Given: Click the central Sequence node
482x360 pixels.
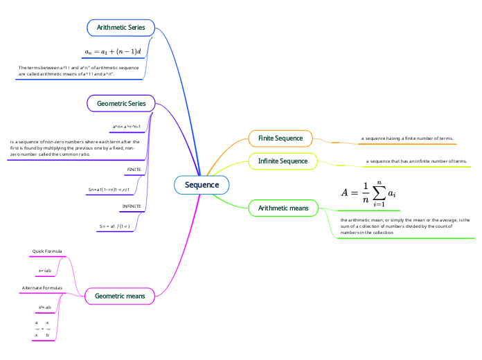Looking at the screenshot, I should [202, 185].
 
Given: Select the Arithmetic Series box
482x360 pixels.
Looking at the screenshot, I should [120, 28].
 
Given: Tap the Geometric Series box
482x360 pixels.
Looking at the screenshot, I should [120, 104].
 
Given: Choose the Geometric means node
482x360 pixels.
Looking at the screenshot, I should [120, 296].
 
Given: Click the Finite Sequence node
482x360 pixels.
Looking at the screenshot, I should [280, 138].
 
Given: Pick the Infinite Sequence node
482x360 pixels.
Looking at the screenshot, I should [283, 161].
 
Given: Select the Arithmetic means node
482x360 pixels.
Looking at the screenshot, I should [283, 208].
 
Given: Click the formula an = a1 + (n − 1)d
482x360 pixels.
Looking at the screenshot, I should [112, 52].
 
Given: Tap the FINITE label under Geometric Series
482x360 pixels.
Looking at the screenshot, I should [134, 169].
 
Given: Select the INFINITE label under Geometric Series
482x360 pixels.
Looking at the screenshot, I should [132, 206].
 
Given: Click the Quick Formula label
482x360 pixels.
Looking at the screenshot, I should [48, 251].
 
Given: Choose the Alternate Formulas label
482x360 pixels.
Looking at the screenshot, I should [42, 287].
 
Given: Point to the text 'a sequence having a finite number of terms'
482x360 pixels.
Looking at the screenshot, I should [407, 138].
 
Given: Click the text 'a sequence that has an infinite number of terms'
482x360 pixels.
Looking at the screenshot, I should [416, 161].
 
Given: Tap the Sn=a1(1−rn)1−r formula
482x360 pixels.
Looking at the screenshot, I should [109, 189].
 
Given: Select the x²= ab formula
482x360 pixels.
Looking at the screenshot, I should [45, 307].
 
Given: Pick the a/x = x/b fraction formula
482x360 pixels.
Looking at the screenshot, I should [42, 329].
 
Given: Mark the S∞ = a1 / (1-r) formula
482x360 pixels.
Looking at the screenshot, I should [115, 226].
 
